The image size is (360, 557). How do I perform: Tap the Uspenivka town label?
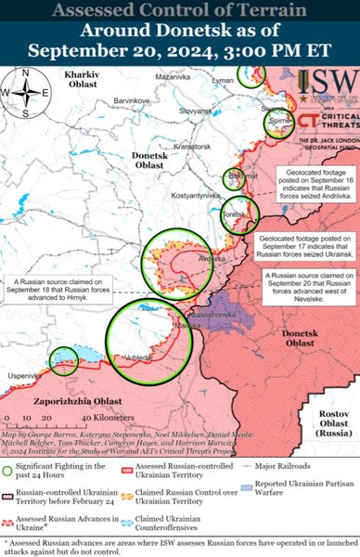tap(22, 374)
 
